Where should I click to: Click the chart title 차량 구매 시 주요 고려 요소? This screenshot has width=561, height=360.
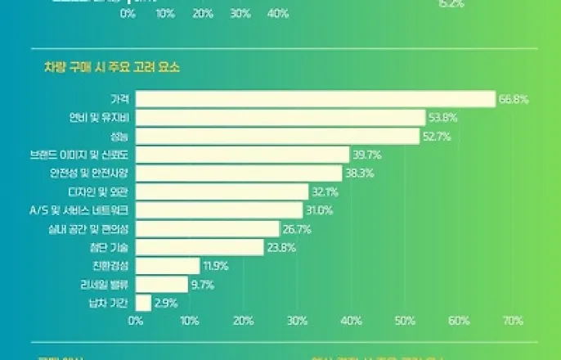tap(112, 67)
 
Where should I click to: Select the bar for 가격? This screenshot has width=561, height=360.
tap(315, 99)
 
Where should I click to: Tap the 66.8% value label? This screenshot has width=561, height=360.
tap(514, 99)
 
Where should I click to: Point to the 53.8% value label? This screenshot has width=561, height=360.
tap(442, 118)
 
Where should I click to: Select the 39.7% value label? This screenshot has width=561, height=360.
tap(367, 155)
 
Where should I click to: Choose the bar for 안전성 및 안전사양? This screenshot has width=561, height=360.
tap(239, 173)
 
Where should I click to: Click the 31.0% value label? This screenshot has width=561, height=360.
tap(321, 210)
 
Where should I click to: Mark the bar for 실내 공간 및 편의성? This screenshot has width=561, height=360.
tap(207, 228)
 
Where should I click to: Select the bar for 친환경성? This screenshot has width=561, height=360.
tap(167, 266)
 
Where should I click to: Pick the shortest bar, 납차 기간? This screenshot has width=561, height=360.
tap(143, 303)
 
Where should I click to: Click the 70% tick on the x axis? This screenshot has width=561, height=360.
tap(514, 322)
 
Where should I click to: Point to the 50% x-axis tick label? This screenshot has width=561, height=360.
tap(406, 322)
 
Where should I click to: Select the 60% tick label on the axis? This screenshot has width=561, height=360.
tap(460, 322)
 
